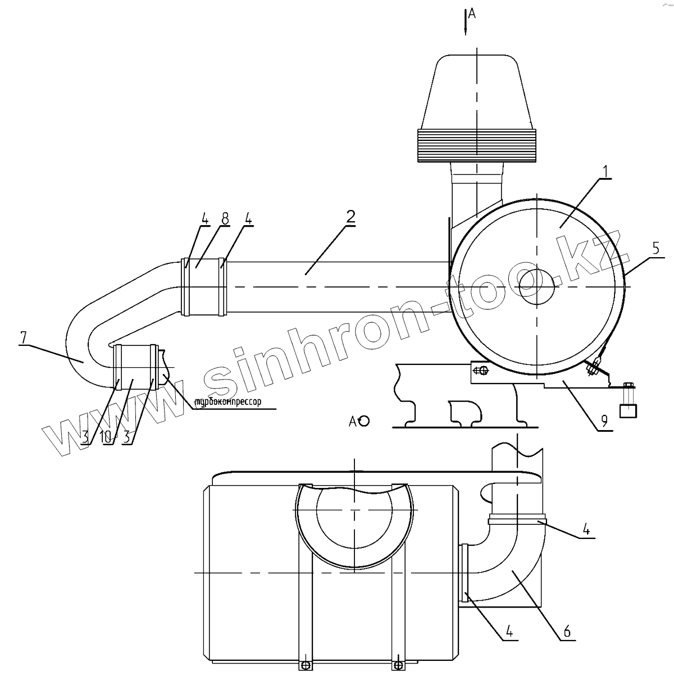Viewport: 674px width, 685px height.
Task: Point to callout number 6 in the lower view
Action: tap(567, 632)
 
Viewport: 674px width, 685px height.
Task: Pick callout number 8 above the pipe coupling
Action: tap(225, 218)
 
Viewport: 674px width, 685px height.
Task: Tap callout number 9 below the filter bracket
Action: tap(604, 421)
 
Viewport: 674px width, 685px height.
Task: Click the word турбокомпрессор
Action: tap(227, 402)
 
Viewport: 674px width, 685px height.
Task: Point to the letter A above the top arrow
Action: tap(472, 14)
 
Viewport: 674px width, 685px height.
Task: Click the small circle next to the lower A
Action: tap(364, 421)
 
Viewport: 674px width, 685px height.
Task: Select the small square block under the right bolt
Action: tap(627, 412)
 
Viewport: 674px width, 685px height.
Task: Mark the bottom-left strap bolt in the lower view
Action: tap(306, 665)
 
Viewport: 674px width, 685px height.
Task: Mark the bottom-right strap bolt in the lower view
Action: tap(398, 665)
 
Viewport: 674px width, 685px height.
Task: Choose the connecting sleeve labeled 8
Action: tap(204, 286)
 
